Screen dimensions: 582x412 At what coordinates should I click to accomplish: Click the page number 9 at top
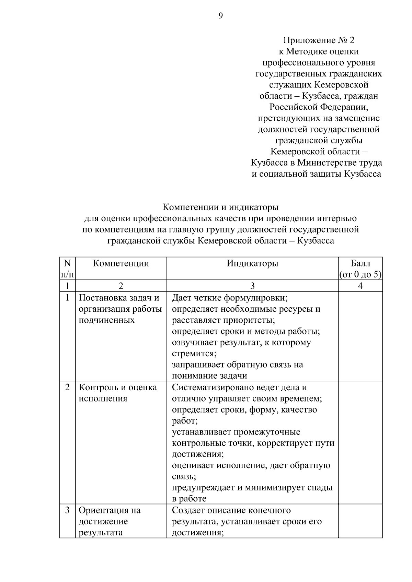220,16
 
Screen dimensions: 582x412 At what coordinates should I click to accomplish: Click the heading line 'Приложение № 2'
319,40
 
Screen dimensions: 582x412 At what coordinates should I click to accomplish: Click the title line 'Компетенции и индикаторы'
220,207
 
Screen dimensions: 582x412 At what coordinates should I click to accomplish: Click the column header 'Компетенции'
121,263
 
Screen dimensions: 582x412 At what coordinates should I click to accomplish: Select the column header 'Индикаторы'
252,263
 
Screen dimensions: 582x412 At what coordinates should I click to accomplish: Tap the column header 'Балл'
360,263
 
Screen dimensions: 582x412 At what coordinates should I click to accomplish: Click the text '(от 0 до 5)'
360,275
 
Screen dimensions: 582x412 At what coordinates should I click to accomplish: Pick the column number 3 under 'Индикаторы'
252,286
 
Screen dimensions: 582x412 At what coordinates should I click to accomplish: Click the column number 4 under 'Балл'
360,286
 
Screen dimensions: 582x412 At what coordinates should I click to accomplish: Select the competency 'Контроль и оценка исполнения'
118,393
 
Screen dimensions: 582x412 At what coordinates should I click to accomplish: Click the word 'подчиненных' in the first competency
107,320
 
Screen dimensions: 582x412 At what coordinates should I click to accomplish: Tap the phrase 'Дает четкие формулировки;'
229,298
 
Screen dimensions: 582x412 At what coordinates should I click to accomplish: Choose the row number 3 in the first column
67,510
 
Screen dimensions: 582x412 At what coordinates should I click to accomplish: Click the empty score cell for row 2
360,442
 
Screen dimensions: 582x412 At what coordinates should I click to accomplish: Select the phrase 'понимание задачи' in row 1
209,376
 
